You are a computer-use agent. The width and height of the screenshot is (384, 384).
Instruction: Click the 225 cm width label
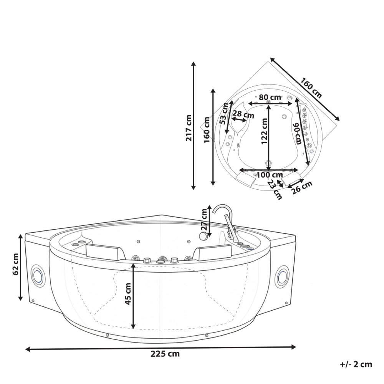pos(165,354)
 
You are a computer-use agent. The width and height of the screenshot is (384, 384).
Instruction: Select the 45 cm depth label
pos(128,294)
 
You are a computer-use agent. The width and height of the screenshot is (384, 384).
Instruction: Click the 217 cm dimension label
pos(189,128)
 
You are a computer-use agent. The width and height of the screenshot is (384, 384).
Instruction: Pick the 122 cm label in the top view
pos(264,131)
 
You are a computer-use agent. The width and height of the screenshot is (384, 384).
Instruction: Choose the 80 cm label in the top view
pos(270,97)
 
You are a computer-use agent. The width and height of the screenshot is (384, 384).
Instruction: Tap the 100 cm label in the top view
pos(268,175)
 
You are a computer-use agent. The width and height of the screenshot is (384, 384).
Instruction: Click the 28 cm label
pos(243,114)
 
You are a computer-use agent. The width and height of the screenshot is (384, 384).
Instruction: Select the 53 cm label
pos(224,114)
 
